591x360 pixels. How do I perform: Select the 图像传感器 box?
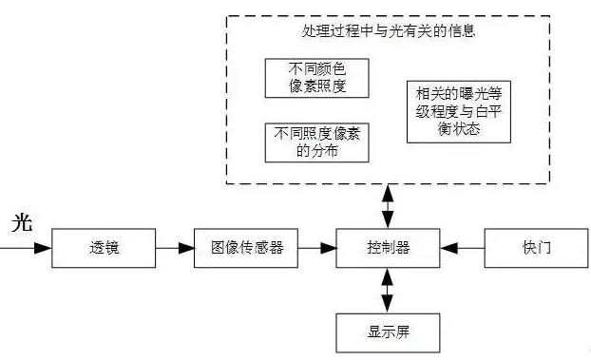245,248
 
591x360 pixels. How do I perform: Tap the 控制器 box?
388,248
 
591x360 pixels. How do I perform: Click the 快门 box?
536,248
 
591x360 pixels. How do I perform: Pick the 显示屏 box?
388,332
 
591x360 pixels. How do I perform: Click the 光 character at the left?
22,224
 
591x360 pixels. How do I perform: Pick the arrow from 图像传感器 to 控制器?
318,248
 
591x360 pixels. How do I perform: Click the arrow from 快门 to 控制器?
463,248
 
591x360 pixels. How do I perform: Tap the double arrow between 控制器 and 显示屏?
388,290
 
